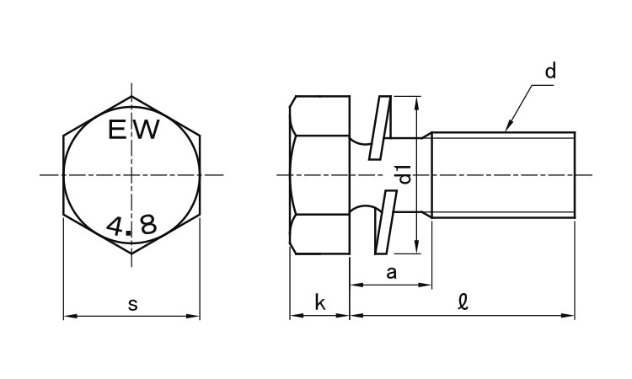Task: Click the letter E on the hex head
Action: pos(117,130)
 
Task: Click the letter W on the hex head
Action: pos(146,130)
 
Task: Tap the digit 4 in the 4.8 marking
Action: pos(115,226)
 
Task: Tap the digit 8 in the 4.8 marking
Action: pos(147,226)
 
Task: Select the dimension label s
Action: pos(132,305)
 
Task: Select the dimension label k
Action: pos(319,302)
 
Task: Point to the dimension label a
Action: pos(391,273)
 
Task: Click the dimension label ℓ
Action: pos(463,302)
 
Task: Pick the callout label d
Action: pos(550,71)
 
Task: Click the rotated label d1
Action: pos(404,174)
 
